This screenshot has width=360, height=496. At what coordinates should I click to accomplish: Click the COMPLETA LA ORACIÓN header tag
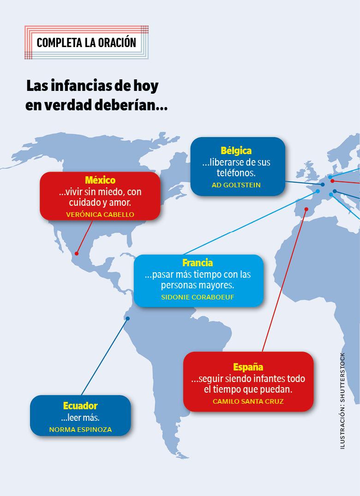click(86, 42)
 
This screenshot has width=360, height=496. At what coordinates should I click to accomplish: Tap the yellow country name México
click(100, 180)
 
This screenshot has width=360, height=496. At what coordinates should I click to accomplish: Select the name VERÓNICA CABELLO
click(100, 215)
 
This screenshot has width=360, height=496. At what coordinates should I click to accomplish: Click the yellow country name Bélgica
click(236, 151)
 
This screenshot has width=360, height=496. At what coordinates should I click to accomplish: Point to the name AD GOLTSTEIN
click(236, 185)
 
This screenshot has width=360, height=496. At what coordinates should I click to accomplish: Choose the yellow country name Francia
click(198, 263)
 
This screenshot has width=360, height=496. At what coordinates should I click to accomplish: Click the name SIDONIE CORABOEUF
click(198, 297)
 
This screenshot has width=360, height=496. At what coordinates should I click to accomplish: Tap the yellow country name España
click(248, 367)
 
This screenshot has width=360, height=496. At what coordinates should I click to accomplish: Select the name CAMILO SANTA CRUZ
click(248, 401)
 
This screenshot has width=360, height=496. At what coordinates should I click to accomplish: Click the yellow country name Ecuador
click(80, 406)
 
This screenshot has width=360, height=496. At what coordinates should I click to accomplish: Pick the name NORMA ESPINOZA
click(80, 430)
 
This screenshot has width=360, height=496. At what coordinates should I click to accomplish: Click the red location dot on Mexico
click(77, 253)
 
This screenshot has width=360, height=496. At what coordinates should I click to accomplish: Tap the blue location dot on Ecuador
click(128, 318)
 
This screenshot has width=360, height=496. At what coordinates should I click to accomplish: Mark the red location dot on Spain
click(306, 209)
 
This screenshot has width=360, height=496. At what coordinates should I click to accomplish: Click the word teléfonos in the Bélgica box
click(236, 173)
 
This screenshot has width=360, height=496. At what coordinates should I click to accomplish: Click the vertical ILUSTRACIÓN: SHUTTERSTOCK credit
click(342, 401)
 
